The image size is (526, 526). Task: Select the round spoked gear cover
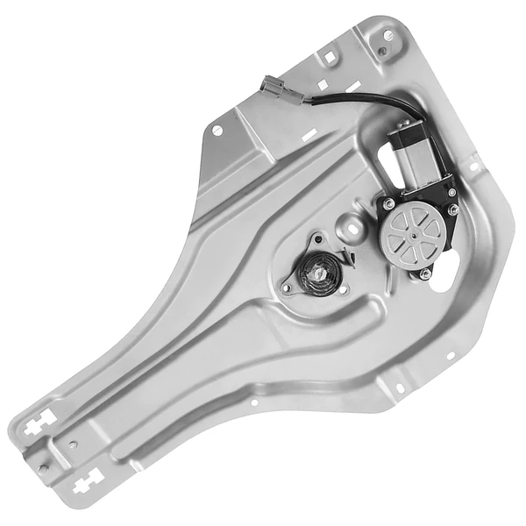click(x=411, y=232)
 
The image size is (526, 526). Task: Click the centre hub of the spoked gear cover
click(x=411, y=232)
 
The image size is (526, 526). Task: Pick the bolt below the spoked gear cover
click(x=424, y=274)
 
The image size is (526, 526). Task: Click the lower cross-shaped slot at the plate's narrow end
click(x=88, y=480)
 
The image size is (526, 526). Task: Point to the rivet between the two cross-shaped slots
click(x=44, y=467)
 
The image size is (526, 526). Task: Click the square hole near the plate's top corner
click(x=328, y=58)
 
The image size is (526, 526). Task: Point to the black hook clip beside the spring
click(x=348, y=256)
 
